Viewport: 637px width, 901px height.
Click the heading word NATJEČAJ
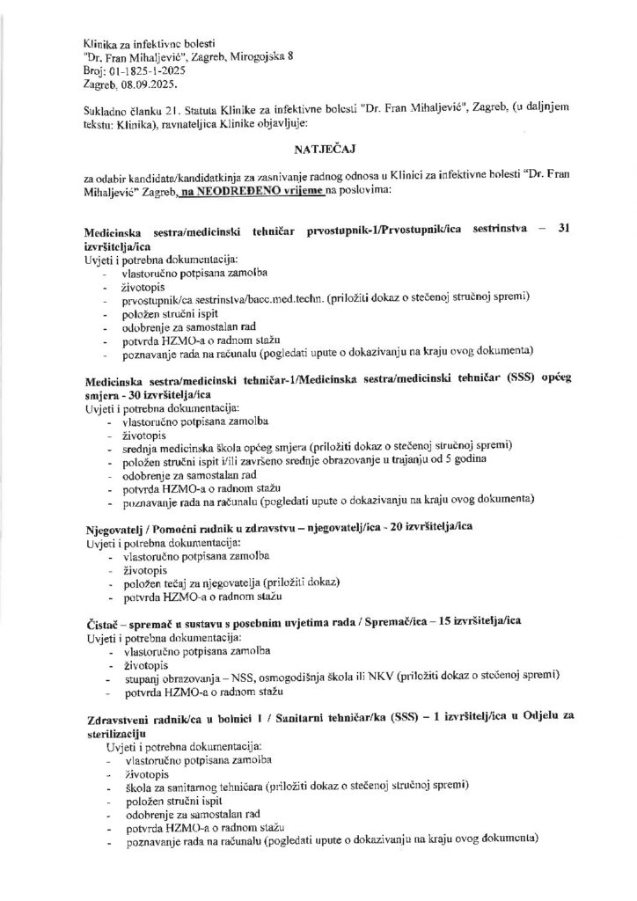coord(318,151)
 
